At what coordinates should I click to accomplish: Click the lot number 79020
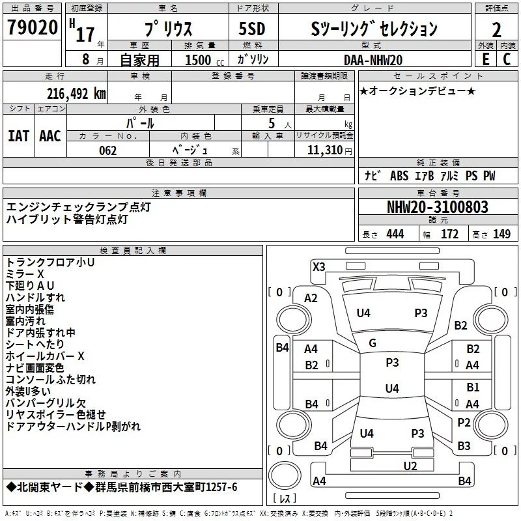(33, 27)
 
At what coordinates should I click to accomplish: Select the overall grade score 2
(496, 30)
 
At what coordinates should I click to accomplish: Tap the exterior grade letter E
(486, 59)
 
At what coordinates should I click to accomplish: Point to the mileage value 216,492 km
(76, 94)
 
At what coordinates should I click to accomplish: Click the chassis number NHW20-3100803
(438, 207)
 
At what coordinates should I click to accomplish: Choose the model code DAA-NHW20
(373, 60)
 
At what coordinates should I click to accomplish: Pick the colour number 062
(107, 150)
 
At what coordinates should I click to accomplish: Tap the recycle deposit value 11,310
(324, 150)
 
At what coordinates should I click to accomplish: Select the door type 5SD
(252, 29)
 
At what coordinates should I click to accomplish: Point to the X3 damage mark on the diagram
(318, 267)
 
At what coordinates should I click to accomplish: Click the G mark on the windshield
(373, 343)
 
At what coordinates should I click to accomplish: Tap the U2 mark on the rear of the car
(410, 466)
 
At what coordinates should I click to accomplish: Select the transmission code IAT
(18, 136)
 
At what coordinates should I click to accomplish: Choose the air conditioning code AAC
(50, 136)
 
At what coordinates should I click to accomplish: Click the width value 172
(449, 234)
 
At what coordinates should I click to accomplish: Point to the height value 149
(501, 234)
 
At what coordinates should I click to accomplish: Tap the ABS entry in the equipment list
(399, 176)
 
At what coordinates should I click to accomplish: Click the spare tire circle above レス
(285, 475)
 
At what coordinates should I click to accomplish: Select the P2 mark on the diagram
(464, 423)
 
